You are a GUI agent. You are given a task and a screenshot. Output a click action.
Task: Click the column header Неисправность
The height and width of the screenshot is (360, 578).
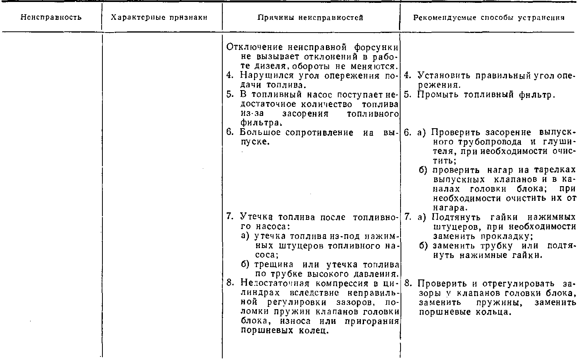(51, 17)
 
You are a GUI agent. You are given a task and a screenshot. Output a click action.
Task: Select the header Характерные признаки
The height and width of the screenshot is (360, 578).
(159, 17)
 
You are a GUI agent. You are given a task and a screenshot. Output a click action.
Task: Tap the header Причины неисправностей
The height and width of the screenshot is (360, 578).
(310, 17)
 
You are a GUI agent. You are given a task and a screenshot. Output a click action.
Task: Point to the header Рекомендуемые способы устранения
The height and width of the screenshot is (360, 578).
(489, 17)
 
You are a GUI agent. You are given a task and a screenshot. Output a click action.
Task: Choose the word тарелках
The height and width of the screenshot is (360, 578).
(553, 170)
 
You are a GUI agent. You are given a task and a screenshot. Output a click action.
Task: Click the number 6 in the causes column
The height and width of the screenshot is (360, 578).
(229, 132)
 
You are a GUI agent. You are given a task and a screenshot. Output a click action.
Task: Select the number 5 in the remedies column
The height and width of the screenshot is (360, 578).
(407, 95)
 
